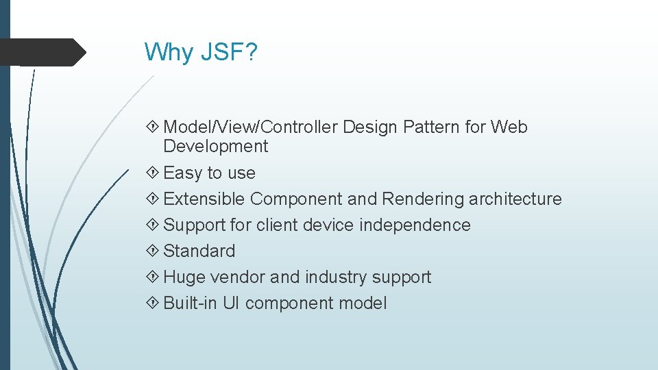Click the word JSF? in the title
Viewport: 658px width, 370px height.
[228, 51]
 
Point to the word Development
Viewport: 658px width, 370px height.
[215, 146]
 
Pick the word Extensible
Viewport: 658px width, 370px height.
[204, 199]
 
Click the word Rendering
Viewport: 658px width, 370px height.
[423, 199]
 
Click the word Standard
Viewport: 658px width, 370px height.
[199, 251]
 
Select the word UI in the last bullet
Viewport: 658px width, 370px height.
[231, 303]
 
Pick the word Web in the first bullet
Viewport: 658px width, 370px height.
[509, 127]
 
